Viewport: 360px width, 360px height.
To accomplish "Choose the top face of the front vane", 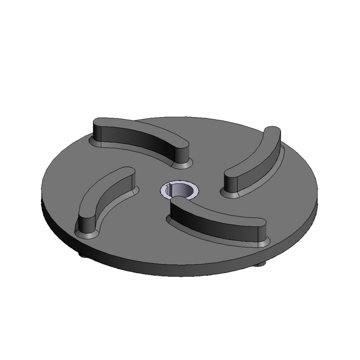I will pyautogui.click(x=217, y=212).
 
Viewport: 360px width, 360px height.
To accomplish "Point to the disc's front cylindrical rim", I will pyautogui.click(x=180, y=270).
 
